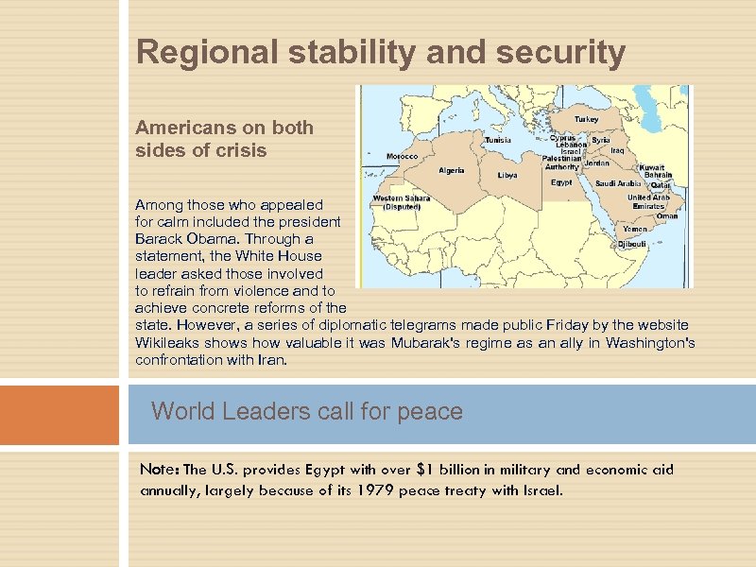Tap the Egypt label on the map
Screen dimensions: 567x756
click(x=561, y=182)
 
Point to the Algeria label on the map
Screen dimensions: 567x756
click(x=451, y=171)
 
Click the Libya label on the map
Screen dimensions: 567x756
click(x=507, y=175)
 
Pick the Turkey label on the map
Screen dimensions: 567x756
click(x=587, y=120)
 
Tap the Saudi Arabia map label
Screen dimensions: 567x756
click(x=618, y=183)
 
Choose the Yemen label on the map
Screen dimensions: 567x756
click(x=635, y=229)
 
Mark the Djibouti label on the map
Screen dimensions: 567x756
click(x=631, y=244)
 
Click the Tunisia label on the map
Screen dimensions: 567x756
click(x=498, y=140)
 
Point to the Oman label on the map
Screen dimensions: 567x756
click(x=667, y=215)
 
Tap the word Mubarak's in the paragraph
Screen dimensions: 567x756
click(x=439, y=342)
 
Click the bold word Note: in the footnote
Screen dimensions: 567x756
click(x=160, y=470)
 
